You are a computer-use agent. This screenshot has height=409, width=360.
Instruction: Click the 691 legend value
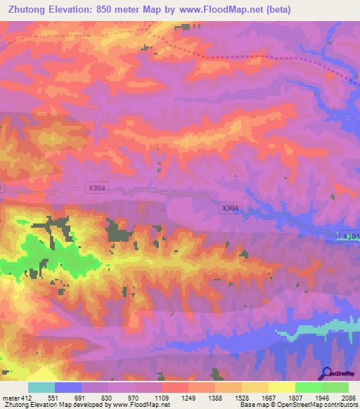pos(82,397)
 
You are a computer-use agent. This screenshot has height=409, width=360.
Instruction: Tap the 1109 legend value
pos(162,397)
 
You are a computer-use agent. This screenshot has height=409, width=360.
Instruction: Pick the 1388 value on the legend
pos(214,397)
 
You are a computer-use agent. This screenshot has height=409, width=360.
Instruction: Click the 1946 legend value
pos(321,397)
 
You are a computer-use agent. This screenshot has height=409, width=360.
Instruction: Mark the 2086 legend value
pos(347,397)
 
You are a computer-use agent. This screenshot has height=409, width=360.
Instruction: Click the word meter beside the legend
pos(11,397)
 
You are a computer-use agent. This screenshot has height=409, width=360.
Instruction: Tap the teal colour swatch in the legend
pos(41,387)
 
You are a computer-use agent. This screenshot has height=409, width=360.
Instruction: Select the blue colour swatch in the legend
pos(68,387)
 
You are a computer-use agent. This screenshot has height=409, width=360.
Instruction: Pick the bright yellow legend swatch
pos(281,387)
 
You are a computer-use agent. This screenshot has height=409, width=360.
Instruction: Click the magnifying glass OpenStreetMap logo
pos(326,372)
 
